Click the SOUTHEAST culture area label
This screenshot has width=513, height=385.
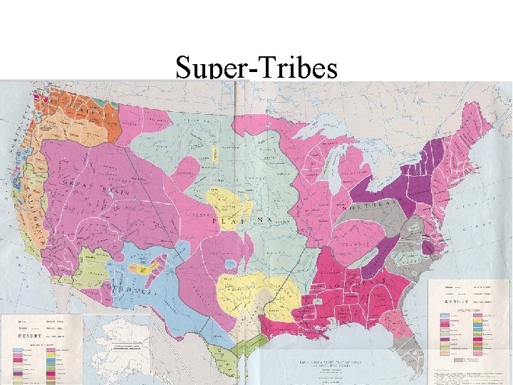click(356, 285)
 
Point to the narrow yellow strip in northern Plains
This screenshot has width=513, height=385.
click(214, 153)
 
